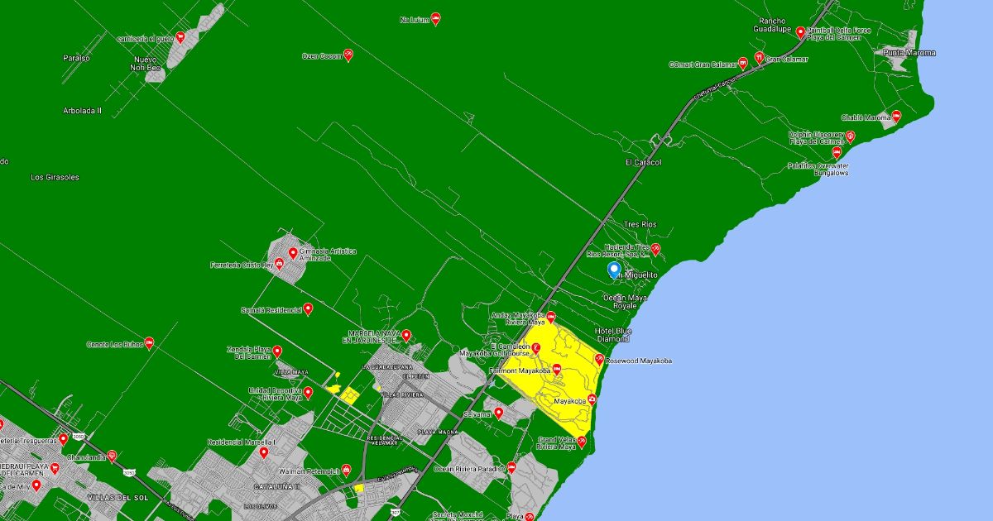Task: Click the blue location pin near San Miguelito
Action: (613, 270)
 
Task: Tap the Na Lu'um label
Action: (415, 19)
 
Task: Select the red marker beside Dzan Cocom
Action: (348, 55)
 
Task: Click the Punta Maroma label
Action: (909, 53)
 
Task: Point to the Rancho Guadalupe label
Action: (774, 25)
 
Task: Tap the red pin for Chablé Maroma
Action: (896, 117)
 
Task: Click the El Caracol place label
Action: (643, 163)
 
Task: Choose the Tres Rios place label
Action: (640, 225)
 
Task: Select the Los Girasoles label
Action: (55, 177)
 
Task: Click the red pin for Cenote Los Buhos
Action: (149, 342)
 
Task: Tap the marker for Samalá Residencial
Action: (308, 308)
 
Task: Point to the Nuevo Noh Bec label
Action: (145, 64)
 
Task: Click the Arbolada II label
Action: (82, 110)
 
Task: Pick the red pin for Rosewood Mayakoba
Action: (599, 360)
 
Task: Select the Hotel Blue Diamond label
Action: (612, 335)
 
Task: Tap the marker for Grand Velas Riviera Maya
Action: (582, 442)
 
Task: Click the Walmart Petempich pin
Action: (346, 470)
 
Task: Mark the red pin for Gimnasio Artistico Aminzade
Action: (292, 253)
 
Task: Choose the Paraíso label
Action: (76, 58)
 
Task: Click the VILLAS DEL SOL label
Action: (112, 497)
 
